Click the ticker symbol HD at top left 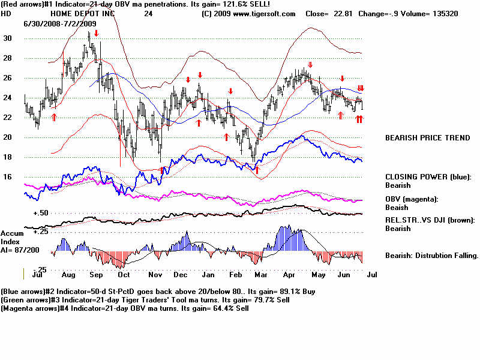6,13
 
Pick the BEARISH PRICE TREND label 427,138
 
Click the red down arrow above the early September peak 96,34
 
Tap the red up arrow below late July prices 54,117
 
